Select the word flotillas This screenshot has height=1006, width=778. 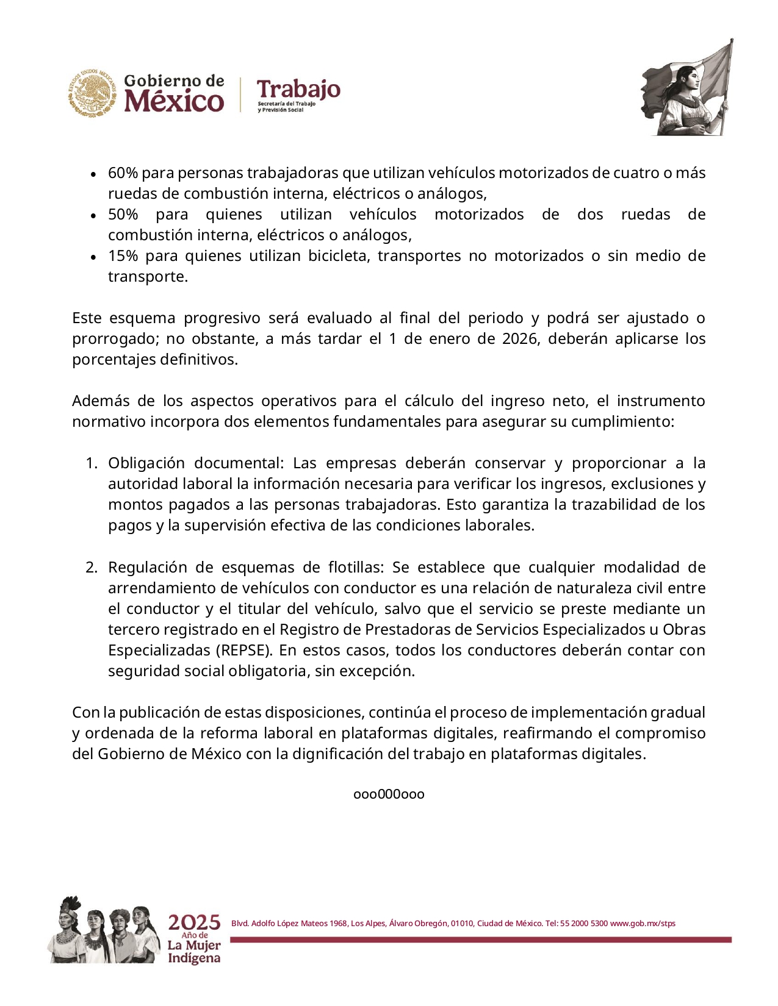356,568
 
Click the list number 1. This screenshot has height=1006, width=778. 90,463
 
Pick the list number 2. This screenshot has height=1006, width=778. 90,568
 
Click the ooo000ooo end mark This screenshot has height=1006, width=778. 389,794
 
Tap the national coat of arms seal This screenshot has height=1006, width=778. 92,92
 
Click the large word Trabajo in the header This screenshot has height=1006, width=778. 298,89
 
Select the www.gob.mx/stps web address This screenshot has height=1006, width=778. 643,923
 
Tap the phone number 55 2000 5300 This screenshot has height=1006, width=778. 583,923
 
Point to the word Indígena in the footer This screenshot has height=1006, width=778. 194,958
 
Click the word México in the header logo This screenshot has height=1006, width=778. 174,101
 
